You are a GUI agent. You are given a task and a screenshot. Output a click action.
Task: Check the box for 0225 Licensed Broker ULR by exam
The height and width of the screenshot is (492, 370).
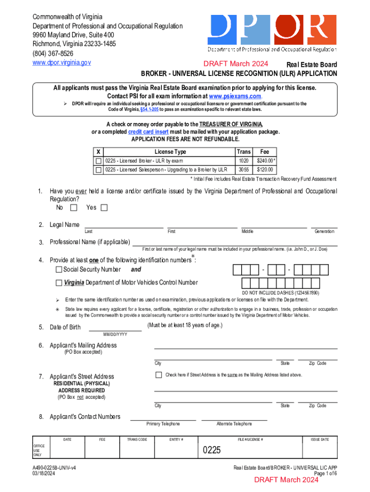(x=99, y=160)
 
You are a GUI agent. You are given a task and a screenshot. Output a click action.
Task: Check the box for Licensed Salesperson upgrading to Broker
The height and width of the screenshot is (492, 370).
(x=99, y=170)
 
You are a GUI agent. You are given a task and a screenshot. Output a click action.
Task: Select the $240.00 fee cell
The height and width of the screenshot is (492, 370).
(x=265, y=160)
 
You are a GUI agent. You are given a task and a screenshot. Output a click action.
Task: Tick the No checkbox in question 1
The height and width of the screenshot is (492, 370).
(x=74, y=208)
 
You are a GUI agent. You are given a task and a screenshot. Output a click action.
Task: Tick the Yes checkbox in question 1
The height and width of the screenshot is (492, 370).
(x=104, y=208)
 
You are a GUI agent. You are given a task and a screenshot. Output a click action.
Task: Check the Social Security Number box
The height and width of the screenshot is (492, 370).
(x=59, y=270)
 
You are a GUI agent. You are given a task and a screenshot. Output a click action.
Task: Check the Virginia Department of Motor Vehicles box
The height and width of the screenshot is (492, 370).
(x=59, y=283)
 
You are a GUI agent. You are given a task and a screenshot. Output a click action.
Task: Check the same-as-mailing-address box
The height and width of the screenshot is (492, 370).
(x=159, y=375)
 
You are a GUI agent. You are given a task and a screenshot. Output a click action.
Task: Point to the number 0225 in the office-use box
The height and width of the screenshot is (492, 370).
(x=211, y=450)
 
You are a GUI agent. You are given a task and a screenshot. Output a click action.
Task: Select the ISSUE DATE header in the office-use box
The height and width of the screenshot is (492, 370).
(x=320, y=440)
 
